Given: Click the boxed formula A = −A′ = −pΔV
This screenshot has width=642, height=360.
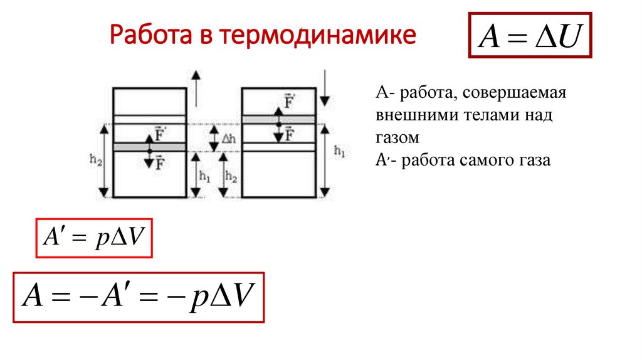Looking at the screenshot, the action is coord(139,297).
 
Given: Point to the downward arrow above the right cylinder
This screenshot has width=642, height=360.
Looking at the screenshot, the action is coord(324,87).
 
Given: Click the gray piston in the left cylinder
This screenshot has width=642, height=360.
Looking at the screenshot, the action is coord(149,147).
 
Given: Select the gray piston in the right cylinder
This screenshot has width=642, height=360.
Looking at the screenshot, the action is coord(278,119).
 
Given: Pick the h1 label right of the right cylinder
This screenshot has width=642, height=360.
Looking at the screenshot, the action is coord(339,151).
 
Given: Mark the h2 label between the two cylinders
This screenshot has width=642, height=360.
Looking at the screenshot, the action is coord(231,177).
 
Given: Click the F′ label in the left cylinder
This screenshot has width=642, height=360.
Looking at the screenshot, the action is coord(160,135).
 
